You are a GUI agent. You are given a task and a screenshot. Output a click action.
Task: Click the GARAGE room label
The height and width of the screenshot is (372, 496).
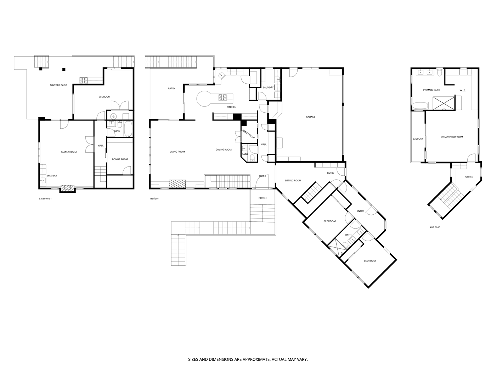[x=310, y=117]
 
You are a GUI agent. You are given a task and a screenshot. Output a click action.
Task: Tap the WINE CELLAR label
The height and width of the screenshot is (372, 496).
[x=248, y=134]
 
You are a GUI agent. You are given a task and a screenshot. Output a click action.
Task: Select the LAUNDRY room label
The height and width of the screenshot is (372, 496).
[x=268, y=88]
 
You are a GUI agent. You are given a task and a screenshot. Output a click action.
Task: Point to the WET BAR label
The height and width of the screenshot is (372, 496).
[x=52, y=176]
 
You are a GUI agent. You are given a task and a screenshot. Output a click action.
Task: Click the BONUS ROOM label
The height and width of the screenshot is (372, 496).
[x=120, y=159]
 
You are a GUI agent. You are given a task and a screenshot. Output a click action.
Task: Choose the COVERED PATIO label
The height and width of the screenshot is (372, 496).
[x=58, y=85]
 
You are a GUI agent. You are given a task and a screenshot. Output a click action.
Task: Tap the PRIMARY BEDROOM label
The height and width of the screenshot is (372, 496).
[x=452, y=137]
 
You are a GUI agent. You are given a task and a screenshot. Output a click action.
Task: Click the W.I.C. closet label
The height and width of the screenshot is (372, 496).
[x=463, y=90]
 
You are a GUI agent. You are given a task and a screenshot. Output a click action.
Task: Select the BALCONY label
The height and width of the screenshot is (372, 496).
[x=418, y=139]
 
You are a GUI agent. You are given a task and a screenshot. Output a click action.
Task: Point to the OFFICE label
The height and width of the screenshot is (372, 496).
[x=469, y=177]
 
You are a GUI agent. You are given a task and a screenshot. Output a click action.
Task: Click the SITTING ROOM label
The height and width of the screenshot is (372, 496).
[x=293, y=180]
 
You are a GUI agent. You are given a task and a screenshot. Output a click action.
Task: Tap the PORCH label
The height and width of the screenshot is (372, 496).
[x=263, y=198]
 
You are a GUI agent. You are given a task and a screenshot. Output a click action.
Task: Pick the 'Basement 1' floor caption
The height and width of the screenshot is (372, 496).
[x=45, y=199]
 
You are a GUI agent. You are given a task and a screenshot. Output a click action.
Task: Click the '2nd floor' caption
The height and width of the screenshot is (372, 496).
[x=435, y=227]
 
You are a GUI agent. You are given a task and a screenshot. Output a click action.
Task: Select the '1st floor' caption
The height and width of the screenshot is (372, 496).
[x=154, y=199]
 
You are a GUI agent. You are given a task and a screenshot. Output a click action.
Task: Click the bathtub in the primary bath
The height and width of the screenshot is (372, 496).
[x=420, y=106]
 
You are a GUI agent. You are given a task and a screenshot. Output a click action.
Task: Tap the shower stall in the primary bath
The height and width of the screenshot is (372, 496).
[x=444, y=103]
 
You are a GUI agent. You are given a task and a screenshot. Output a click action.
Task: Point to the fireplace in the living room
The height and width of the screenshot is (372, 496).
[x=177, y=184]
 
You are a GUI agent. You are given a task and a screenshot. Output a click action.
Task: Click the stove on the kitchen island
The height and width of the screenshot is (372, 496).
[x=222, y=97]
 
